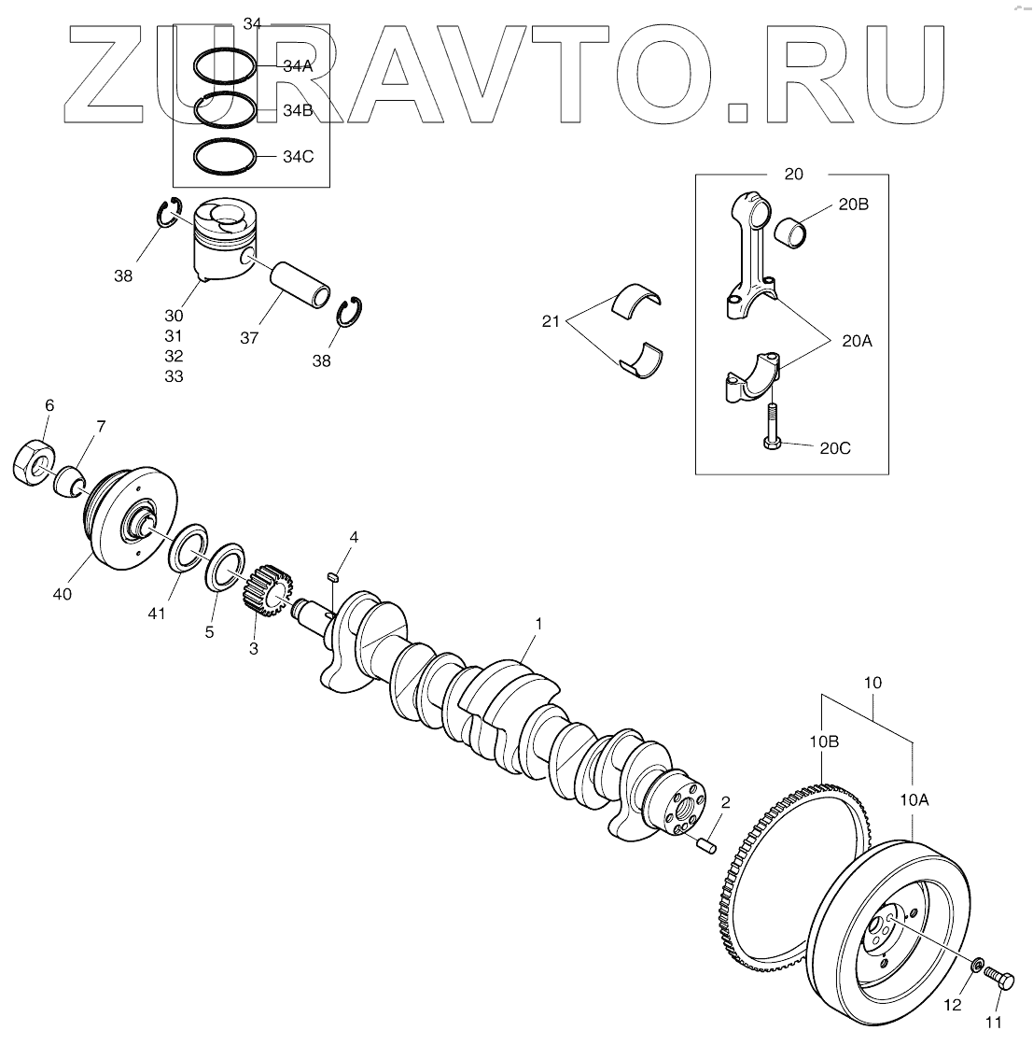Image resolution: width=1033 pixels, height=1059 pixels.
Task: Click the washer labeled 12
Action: [x=976, y=965]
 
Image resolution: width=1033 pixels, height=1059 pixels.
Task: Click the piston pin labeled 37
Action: [x=300, y=284]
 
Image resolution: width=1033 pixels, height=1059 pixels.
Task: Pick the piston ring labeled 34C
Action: [x=225, y=156]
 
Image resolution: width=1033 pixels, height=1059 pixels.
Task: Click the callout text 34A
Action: [x=299, y=67]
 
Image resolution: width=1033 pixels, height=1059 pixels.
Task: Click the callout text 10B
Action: [x=824, y=742]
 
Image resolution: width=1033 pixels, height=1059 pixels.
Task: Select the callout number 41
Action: [x=156, y=614]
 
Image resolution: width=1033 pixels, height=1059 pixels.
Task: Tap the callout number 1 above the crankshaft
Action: [x=537, y=622]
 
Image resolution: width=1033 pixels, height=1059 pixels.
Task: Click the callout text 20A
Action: [x=856, y=342]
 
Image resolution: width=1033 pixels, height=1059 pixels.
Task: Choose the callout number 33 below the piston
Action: [x=174, y=376]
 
